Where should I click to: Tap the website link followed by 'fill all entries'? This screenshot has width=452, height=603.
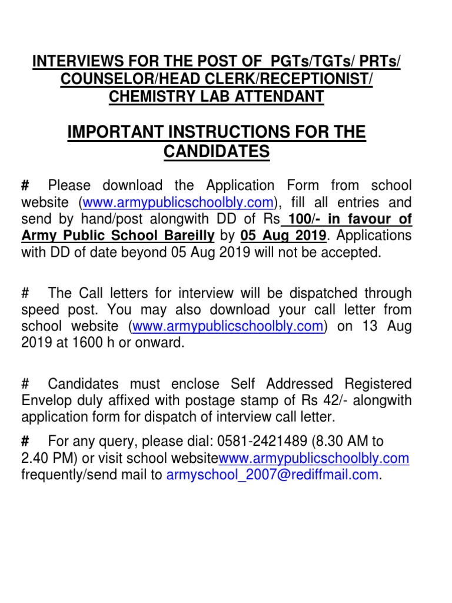point(178,203)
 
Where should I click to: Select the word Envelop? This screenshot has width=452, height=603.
point(46,401)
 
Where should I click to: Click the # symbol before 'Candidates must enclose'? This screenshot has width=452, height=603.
point(25,384)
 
